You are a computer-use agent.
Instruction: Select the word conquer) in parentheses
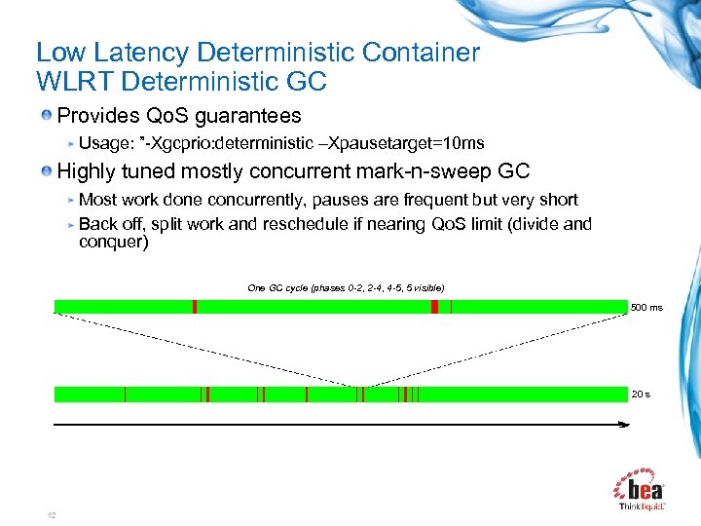[113, 243]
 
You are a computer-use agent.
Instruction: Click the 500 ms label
[646, 308]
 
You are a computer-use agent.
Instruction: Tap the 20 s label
[641, 394]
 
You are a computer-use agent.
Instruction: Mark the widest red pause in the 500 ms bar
[434, 307]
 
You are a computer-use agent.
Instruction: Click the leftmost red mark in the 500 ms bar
[195, 307]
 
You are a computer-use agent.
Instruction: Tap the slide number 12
[51, 514]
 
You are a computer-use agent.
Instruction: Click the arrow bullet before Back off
[70, 224]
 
